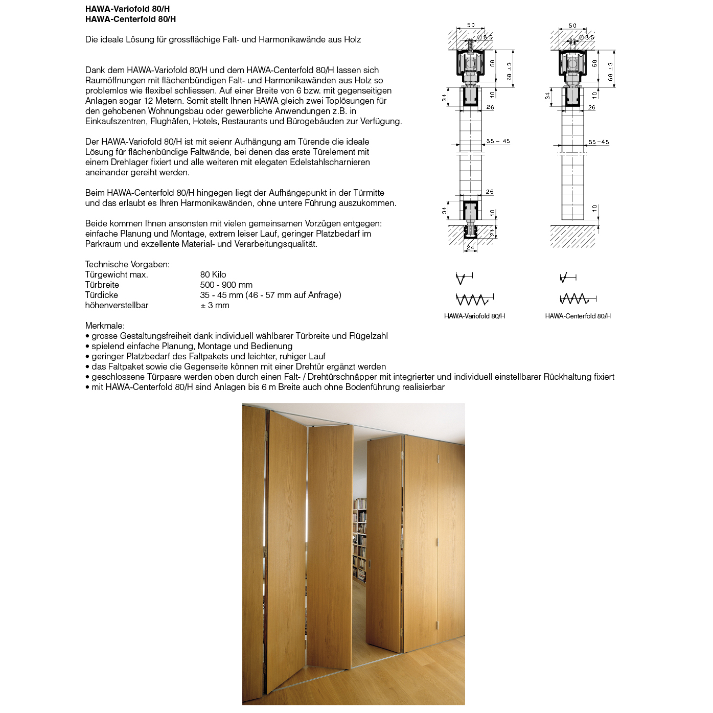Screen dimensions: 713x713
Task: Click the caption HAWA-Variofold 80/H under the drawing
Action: click(474, 316)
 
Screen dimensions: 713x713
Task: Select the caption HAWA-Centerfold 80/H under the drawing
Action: click(578, 316)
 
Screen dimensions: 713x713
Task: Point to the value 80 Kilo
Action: click(213, 275)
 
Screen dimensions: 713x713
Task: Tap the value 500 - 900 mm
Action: click(226, 285)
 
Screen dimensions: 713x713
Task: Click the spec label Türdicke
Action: click(102, 295)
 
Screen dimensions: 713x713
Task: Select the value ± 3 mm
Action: click(215, 306)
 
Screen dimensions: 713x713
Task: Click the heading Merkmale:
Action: click(105, 326)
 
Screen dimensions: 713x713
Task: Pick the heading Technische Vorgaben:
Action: click(127, 265)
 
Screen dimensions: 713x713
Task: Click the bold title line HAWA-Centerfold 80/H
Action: click(130, 19)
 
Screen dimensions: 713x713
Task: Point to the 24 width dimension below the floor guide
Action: click(470, 248)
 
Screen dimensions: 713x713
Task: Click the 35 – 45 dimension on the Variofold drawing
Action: click(498, 142)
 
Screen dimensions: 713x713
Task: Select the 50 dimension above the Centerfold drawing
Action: click(572, 26)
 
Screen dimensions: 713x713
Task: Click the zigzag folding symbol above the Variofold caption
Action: click(474, 299)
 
